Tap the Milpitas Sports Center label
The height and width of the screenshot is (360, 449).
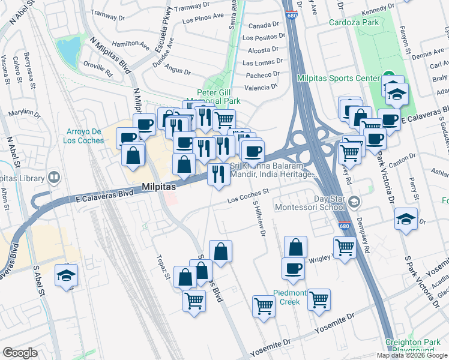click(339, 78)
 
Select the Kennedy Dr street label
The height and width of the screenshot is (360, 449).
click(378, 7)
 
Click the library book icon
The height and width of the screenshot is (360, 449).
click(53, 178)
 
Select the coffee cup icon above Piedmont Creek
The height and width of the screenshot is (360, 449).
click(293, 269)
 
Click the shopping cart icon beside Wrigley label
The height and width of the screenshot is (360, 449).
click(345, 246)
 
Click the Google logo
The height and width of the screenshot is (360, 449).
click(19, 353)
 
